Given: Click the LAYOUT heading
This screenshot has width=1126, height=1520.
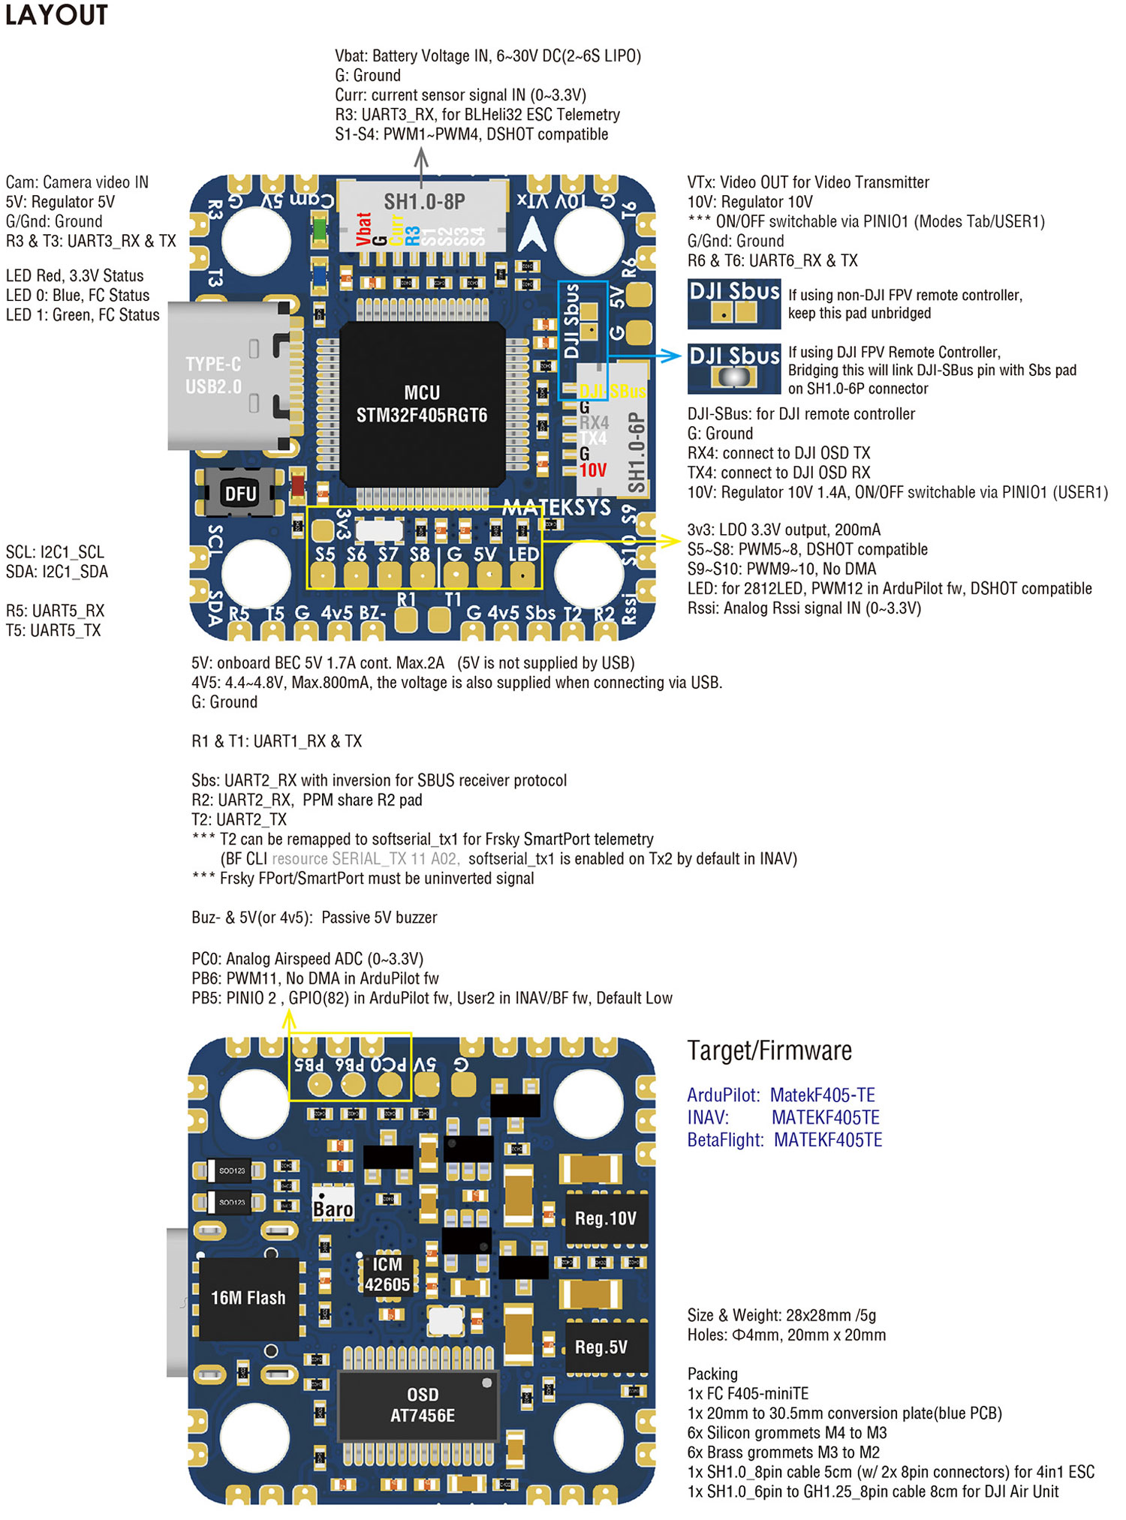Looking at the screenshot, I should coord(56,15).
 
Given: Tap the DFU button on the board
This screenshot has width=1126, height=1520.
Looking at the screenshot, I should coord(240,494).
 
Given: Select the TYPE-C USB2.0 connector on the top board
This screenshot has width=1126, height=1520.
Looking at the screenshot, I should coord(225,375).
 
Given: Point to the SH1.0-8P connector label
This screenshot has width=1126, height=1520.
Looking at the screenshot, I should coord(424,201).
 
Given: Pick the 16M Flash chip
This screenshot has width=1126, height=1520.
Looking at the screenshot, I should coord(248,1298).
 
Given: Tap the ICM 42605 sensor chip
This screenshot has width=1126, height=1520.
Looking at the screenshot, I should coord(387,1275).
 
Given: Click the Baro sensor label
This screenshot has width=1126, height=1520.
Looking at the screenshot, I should coord(333,1209).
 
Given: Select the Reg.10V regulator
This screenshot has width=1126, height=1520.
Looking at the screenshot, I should coord(605,1218).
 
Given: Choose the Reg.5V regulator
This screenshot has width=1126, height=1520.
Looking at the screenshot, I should coord(601,1347).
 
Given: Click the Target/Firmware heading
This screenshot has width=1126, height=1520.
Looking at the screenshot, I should coord(769,1051).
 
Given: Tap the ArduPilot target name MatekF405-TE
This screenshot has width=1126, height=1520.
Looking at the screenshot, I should coord(823,1095).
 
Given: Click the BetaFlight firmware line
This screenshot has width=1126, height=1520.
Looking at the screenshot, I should coord(784,1140).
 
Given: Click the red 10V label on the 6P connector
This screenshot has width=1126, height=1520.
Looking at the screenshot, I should coord(592,470).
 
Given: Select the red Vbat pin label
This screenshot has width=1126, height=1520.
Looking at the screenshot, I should coord(364,229).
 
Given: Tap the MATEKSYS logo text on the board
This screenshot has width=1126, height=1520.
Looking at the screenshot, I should coord(556,507).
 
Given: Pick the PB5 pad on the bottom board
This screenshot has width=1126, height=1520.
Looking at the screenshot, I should coord(320,1084).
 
